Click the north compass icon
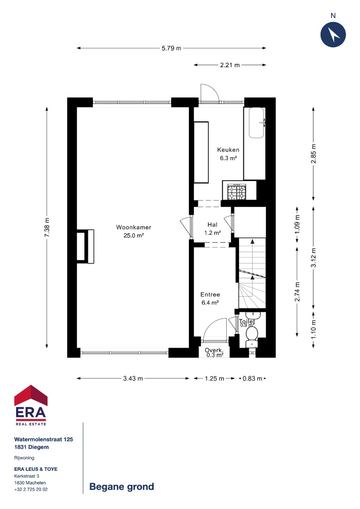point(333,35)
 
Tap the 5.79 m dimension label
point(172,48)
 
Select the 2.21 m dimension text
point(230,65)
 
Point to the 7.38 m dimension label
point(47,227)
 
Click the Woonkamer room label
point(133,227)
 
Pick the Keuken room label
point(228,150)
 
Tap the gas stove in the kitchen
point(237,192)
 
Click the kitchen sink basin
point(256,123)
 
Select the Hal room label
point(212,225)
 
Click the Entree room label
point(210,294)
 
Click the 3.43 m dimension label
point(133,378)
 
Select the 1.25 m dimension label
point(214,378)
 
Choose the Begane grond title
point(122,487)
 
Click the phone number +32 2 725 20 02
point(31,489)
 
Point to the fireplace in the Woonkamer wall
point(85,246)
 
